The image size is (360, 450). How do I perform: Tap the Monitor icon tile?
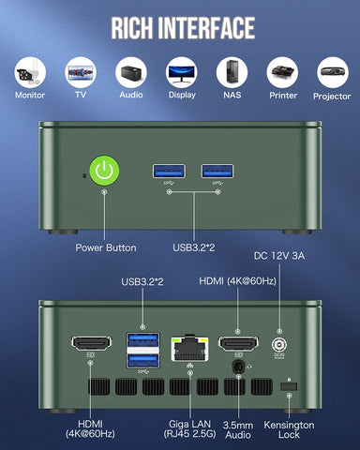[x=29, y=71]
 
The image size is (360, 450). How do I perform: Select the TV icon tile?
[x=79, y=71]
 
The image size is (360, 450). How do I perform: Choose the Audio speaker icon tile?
[x=129, y=71]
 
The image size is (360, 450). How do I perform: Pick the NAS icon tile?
[x=232, y=71]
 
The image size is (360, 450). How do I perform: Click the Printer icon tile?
[x=282, y=71]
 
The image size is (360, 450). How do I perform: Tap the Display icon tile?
[x=180, y=71]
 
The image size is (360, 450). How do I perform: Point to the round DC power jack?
[x=278, y=344]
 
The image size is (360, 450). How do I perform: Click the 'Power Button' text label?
[x=106, y=247]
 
